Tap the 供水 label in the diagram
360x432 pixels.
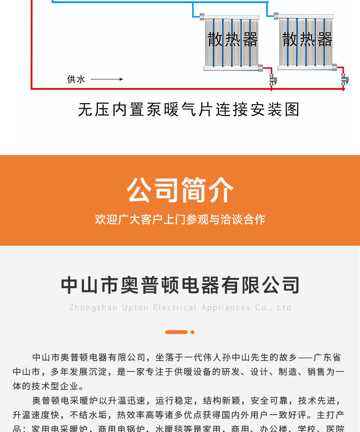pyautogui.click(x=76, y=79)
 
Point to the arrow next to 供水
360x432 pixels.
pyautogui.click(x=107, y=79)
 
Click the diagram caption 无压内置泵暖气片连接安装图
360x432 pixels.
pyautogui.click(x=189, y=109)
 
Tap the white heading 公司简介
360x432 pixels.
pyautogui.click(x=180, y=190)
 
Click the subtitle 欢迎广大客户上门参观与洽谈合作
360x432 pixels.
pyautogui.click(x=180, y=219)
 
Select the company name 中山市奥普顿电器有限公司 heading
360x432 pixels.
pyautogui.click(x=180, y=285)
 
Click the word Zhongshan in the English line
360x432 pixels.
pyautogui.click(x=93, y=308)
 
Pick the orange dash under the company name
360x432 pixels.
pyautogui.click(x=176, y=332)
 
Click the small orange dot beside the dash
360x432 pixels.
pyautogui.click(x=192, y=332)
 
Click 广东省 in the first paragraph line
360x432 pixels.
pyautogui.click(x=327, y=358)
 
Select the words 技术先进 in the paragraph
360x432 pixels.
pyautogui.click(x=316, y=400)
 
